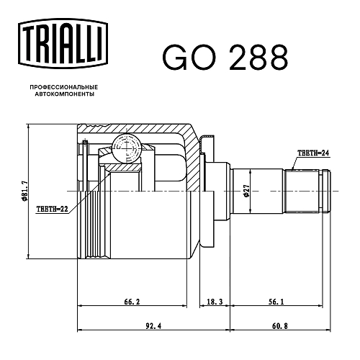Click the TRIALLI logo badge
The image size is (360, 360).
point(63,43)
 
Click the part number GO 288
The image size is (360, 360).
point(225,58)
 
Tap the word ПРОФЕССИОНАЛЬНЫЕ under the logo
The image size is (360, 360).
point(64,87)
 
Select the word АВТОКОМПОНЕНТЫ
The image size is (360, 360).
point(65,94)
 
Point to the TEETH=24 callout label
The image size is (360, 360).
point(313,153)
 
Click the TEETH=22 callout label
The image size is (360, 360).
point(53,209)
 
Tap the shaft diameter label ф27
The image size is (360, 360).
point(246,191)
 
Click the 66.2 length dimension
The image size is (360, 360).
point(132,302)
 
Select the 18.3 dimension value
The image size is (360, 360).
point(215,302)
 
